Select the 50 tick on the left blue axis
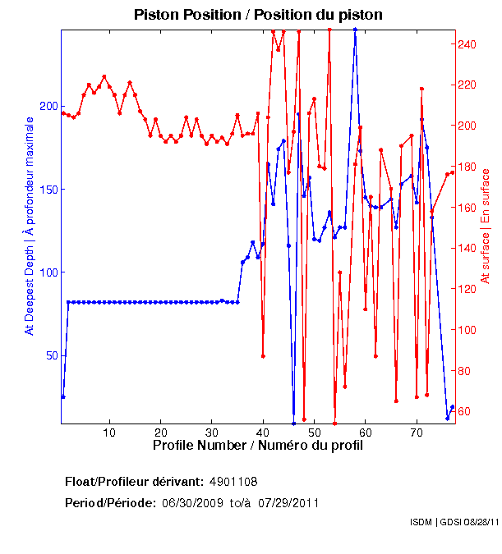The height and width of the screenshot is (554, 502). (51, 355)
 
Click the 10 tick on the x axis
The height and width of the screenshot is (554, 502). (109, 432)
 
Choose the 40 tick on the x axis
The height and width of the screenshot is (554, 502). (263, 432)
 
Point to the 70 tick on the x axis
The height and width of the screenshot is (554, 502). (417, 432)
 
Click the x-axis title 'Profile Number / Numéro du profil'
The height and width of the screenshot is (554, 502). (258, 446)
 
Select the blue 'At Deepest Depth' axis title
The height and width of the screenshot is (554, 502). (30, 226)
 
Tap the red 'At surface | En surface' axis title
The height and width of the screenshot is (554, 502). (486, 227)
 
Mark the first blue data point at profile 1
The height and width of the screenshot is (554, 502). (63, 396)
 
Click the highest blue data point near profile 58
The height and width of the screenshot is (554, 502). (355, 30)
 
